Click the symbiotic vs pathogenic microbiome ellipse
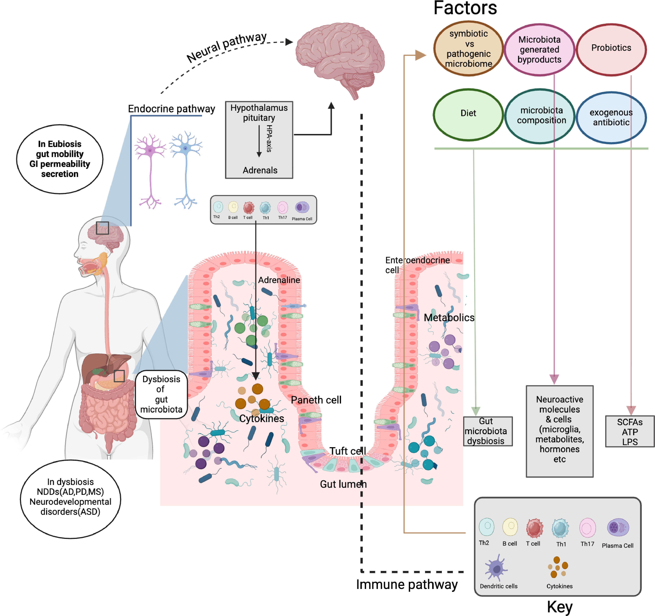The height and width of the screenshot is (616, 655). coord(468,49)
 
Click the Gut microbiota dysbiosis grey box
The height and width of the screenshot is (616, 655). coord(488,431)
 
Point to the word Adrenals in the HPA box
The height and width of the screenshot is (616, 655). coord(260,170)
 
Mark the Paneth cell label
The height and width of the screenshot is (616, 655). coord(316,400)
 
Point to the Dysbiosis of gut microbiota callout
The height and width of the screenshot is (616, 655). coord(161,394)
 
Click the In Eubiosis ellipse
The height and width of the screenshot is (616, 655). coord(60,159)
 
